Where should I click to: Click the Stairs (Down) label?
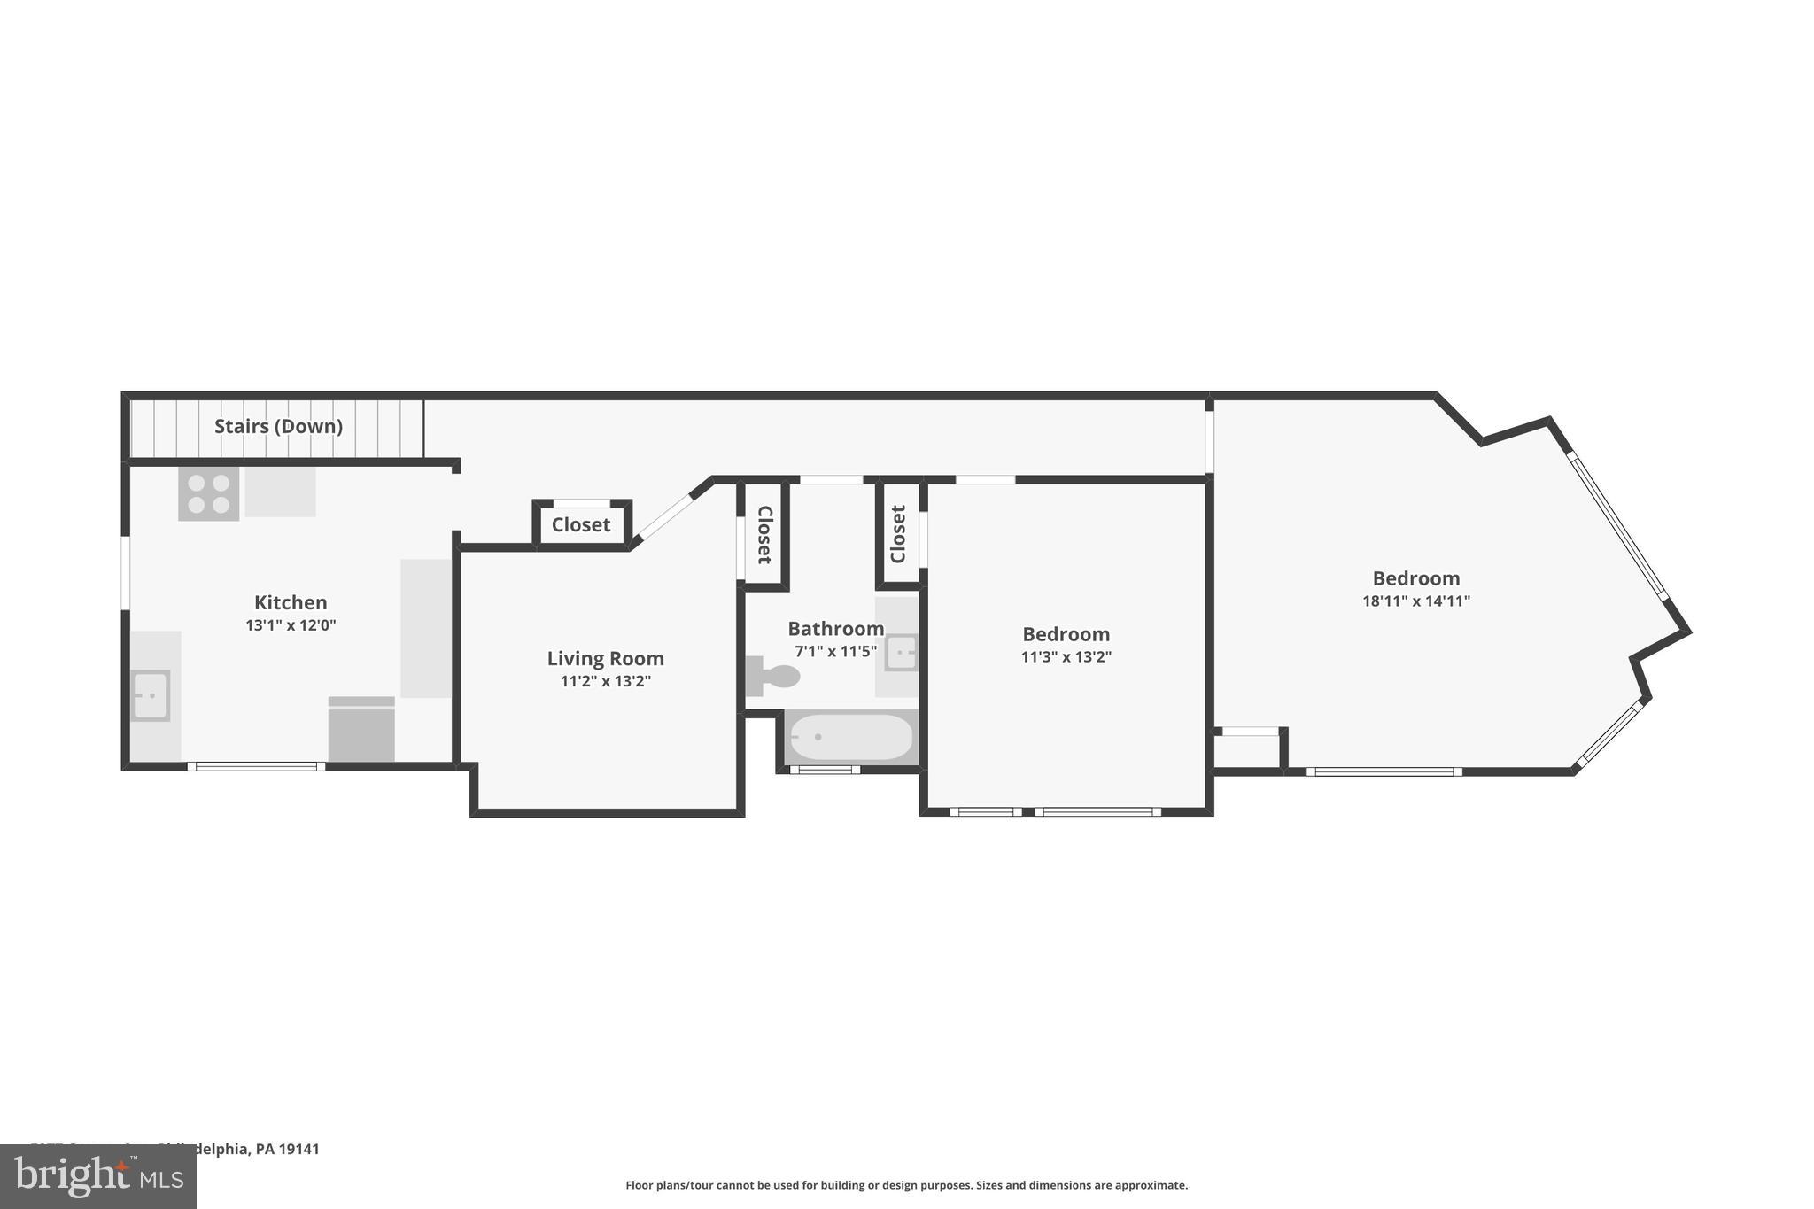point(278,426)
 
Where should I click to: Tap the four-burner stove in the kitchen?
point(209,494)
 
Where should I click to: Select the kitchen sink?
point(151,695)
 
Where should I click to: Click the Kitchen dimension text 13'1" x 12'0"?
point(291,625)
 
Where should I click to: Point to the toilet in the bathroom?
point(774,676)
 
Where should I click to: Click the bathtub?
point(851,737)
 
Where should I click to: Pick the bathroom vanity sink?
point(901,654)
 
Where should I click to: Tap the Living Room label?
point(605,658)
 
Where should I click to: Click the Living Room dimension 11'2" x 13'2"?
point(605,681)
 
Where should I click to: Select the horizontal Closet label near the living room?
point(581,524)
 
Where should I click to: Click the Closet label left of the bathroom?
point(764,534)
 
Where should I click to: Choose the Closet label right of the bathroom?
point(898,534)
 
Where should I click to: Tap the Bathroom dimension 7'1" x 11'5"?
point(835,651)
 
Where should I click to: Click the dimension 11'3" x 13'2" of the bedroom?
point(1066,657)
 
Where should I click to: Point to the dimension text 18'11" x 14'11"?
point(1415,601)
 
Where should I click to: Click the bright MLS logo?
point(98,1176)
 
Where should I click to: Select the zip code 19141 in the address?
point(298,1149)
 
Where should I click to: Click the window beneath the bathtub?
point(825,770)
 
